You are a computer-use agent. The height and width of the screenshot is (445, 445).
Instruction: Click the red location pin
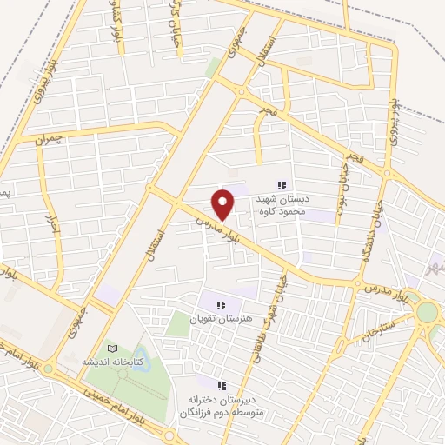click(224, 203)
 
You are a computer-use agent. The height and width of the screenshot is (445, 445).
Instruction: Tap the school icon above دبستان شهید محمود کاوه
click(281, 185)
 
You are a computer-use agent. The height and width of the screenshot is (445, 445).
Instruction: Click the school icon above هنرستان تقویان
click(221, 305)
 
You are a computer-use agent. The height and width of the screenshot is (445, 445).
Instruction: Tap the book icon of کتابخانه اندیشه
click(110, 347)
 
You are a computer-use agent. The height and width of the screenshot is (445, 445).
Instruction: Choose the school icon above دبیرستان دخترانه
click(221, 385)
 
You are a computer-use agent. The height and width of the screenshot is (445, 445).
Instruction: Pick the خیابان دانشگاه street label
click(371, 226)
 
